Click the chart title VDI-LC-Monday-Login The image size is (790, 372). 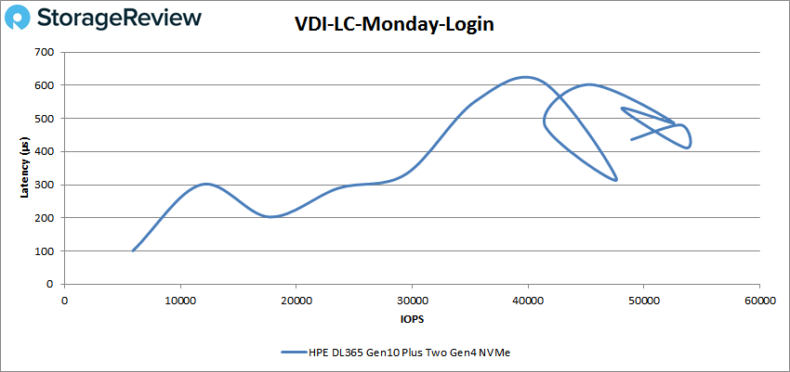pyautogui.click(x=394, y=25)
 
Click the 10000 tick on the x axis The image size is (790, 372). pyautogui.click(x=180, y=301)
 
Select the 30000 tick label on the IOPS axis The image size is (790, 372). pyautogui.click(x=412, y=301)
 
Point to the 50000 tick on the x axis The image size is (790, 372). pyautogui.click(x=643, y=301)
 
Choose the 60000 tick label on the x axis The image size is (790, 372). pyautogui.click(x=758, y=301)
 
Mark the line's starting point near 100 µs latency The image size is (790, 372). pyautogui.click(x=134, y=250)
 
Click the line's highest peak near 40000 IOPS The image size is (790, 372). pyautogui.click(x=525, y=77)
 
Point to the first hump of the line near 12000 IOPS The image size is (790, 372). pyautogui.click(x=205, y=184)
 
